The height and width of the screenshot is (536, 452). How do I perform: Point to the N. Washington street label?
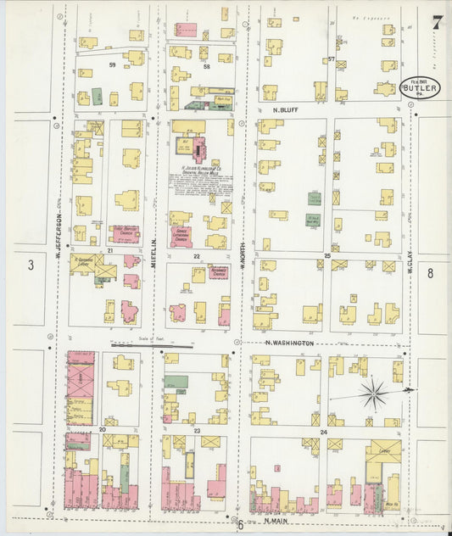290,343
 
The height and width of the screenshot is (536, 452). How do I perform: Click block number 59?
111,64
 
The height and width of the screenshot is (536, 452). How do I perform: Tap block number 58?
205,64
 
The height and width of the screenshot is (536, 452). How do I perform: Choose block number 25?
326,255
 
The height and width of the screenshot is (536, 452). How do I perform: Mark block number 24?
323,432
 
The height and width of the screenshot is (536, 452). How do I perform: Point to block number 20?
102,431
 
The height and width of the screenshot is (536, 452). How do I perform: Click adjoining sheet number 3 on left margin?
31,265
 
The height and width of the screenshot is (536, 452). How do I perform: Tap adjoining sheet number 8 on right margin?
430,272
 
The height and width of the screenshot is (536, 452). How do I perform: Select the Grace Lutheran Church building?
181,237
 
